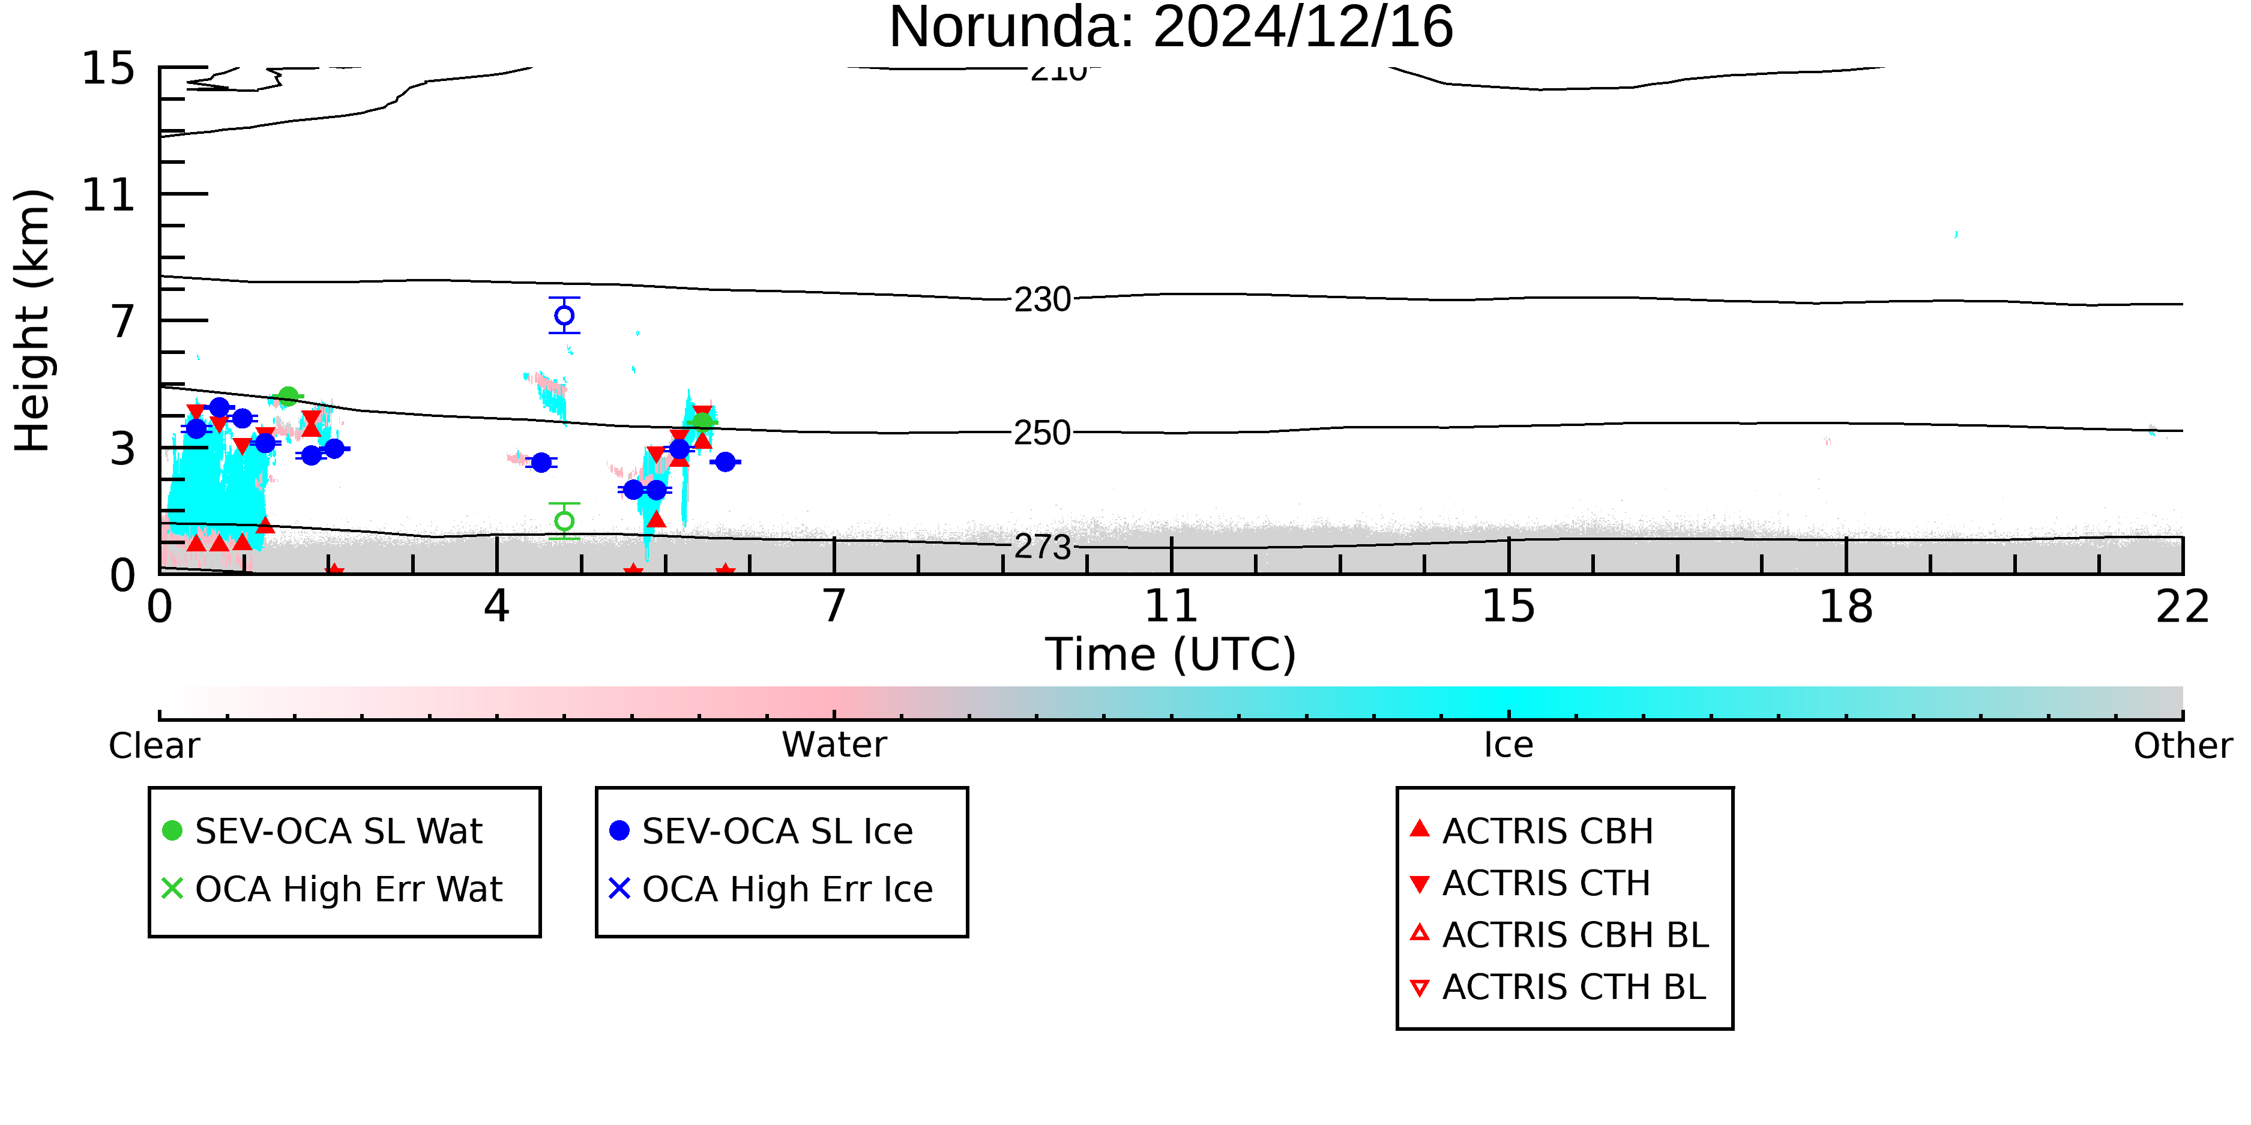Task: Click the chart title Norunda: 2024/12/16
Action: coord(1171,28)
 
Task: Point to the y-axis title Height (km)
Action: coord(32,320)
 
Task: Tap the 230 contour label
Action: coord(1043,299)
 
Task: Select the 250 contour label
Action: coord(1043,433)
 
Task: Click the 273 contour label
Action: coord(1043,547)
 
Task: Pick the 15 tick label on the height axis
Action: coord(109,69)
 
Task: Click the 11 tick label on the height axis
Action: coord(109,195)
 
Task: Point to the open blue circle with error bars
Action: coord(564,316)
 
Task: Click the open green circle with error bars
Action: coord(564,521)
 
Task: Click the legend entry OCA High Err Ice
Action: coord(771,889)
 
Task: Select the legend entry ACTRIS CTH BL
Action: coord(1558,987)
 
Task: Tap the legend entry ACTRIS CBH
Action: coord(1532,830)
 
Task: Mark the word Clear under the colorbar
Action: coord(154,746)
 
